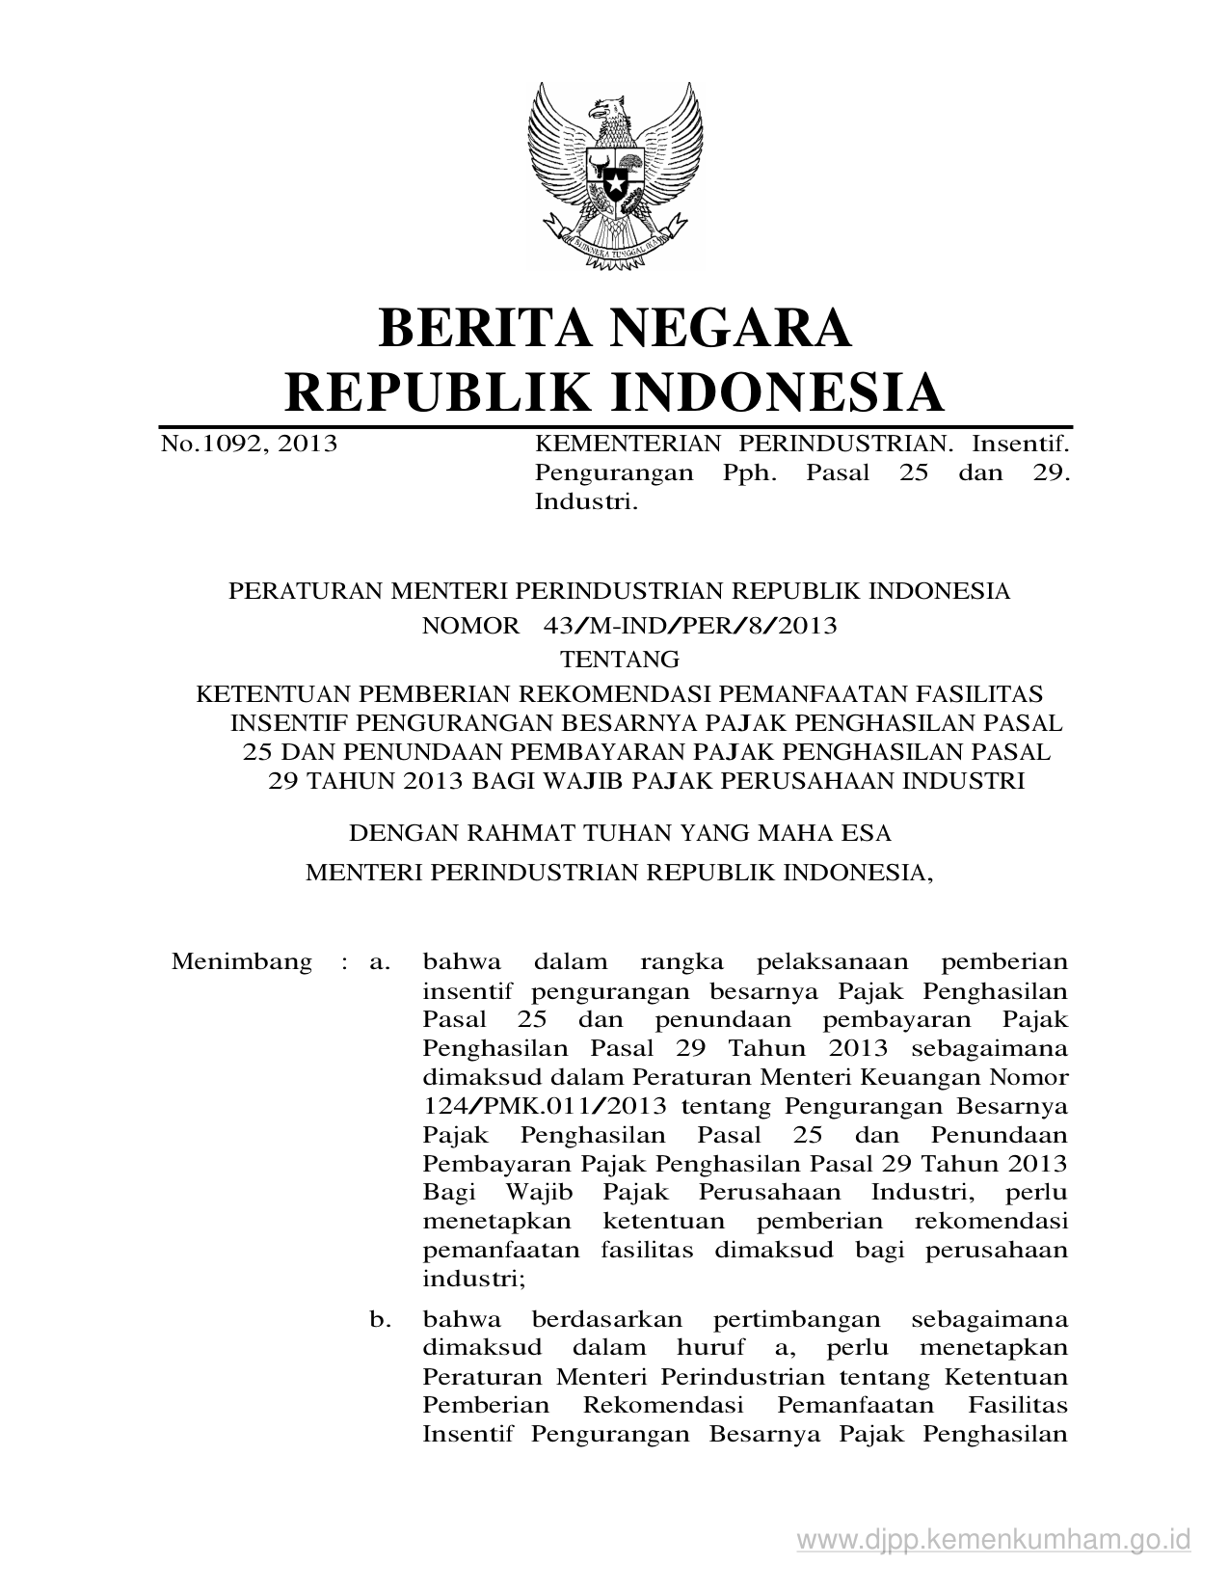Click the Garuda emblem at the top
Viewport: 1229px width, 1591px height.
(614, 174)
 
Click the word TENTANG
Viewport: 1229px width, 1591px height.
(620, 661)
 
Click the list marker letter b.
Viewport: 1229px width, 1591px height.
(380, 1318)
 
